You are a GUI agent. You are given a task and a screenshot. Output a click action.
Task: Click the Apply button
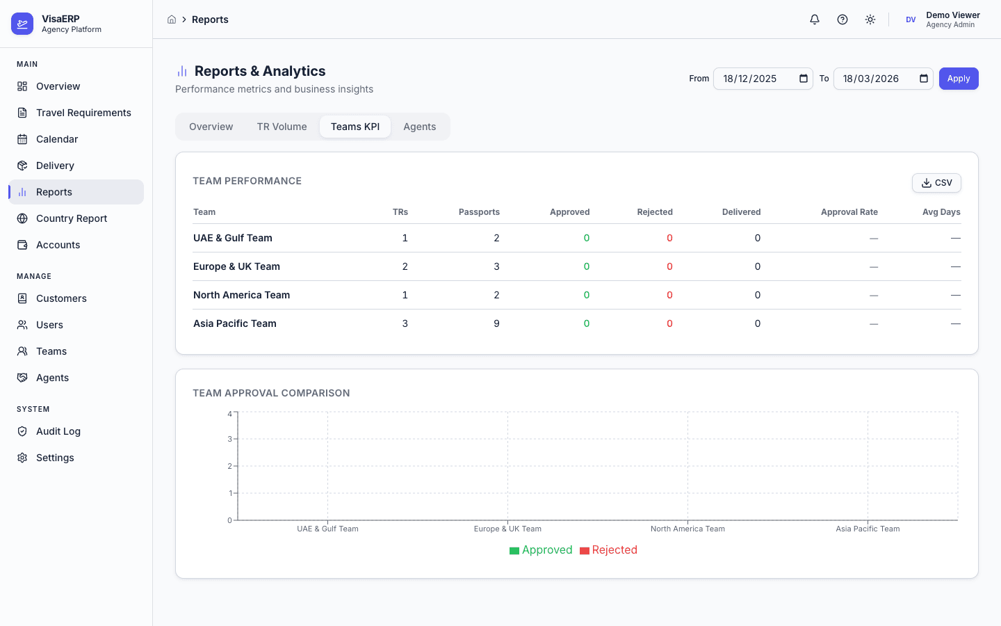point(959,79)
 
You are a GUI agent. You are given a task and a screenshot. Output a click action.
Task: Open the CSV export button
point(936,183)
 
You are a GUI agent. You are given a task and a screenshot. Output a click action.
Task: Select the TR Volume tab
point(282,127)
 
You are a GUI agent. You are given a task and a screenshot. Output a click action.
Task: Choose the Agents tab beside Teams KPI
point(419,127)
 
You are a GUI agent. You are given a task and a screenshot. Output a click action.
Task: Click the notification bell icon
point(815,19)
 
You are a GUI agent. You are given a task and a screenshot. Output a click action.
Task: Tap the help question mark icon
point(843,19)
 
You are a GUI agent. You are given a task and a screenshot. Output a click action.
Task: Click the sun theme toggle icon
point(870,19)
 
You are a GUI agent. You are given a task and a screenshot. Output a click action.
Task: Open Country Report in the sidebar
point(72,218)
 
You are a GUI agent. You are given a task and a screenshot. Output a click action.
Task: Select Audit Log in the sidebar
point(58,431)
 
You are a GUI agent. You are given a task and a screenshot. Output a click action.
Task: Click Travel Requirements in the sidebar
point(83,113)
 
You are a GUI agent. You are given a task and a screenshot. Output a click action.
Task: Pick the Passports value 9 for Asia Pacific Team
point(496,323)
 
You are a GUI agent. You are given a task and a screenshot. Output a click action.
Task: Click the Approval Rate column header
point(849,212)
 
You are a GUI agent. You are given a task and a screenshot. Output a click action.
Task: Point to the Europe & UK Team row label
point(236,266)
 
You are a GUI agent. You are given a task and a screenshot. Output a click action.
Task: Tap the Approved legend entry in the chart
point(541,550)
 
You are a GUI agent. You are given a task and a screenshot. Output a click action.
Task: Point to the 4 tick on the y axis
point(230,414)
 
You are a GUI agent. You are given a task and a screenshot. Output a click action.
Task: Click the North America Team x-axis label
point(687,529)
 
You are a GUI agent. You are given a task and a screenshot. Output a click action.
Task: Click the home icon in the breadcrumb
point(172,19)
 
